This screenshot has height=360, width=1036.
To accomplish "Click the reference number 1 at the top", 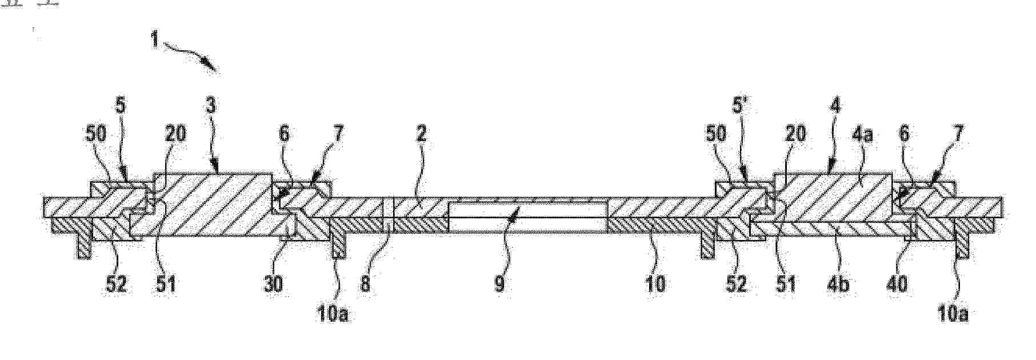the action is click(154, 41).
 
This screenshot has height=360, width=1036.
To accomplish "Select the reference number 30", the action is click(274, 283).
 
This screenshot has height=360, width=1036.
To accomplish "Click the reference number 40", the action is click(897, 283).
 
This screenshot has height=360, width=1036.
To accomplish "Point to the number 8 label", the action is click(365, 283).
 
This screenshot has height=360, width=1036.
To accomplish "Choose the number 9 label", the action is click(499, 283).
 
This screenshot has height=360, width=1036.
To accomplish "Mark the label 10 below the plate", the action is click(655, 283).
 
